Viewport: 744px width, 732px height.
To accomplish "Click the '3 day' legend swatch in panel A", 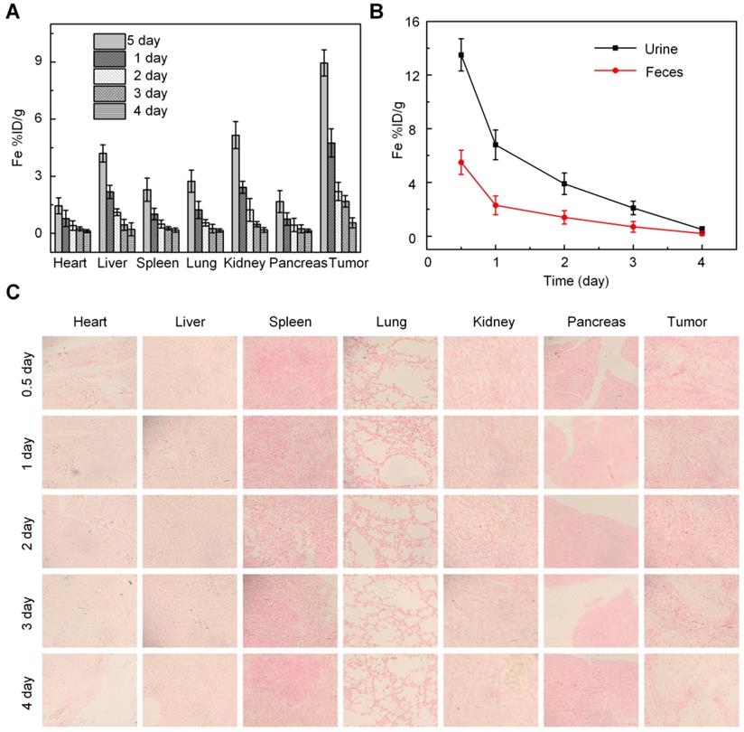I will click(108, 93).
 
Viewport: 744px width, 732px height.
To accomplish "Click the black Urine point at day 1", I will click(496, 145).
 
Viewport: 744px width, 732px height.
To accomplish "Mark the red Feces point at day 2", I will click(564, 217).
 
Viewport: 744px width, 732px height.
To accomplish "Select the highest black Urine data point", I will click(461, 55).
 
